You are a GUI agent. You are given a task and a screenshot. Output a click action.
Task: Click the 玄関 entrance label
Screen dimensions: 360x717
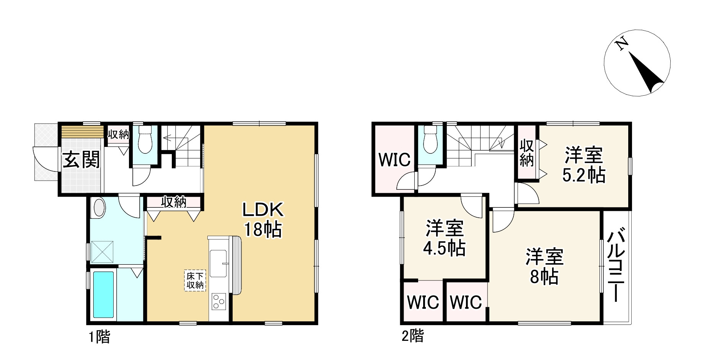click(81, 160)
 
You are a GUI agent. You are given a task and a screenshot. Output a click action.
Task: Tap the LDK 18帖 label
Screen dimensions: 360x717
click(263, 220)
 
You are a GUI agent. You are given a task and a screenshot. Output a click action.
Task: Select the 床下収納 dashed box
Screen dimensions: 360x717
click(195, 280)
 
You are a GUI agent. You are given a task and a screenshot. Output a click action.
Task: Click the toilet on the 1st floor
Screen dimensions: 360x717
click(145, 140)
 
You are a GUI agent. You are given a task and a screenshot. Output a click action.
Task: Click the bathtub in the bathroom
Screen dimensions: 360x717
click(103, 294)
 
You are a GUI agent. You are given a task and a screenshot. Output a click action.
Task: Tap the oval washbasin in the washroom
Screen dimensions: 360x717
click(99, 209)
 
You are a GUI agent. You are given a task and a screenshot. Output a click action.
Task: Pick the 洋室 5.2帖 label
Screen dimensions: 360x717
click(583, 165)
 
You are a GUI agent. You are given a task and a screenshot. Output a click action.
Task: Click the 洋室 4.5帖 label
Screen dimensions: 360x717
click(444, 239)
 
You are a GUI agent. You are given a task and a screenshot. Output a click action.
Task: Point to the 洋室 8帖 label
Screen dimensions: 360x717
click(544, 267)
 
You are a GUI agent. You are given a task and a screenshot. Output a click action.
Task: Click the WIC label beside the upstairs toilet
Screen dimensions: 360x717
click(394, 160)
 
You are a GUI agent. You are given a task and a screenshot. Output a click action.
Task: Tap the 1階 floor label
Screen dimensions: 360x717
click(99, 337)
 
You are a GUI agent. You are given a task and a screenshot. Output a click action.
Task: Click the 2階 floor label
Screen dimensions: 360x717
click(412, 336)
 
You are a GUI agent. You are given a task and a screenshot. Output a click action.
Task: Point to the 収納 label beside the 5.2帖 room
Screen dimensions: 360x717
click(527, 153)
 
